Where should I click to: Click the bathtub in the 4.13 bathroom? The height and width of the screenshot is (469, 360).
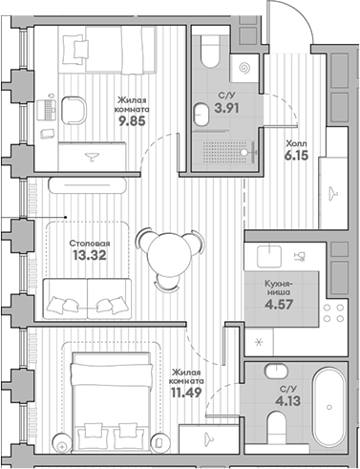coord(328,412)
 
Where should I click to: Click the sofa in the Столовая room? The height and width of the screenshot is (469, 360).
coord(86,296)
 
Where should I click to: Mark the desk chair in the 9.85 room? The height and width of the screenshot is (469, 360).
coord(68,108)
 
